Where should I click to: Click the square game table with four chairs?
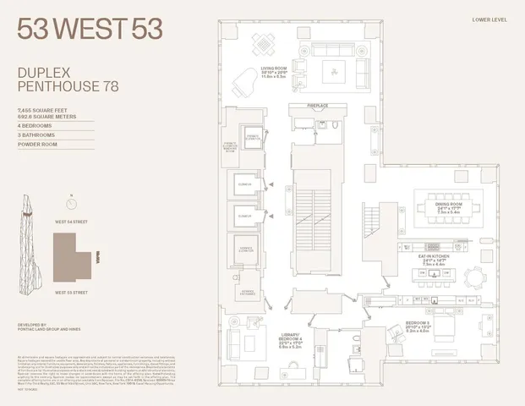point(265,41)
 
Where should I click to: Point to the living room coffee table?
point(334,69)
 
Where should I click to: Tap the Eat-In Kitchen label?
point(445,244)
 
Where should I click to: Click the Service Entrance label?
point(249,293)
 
